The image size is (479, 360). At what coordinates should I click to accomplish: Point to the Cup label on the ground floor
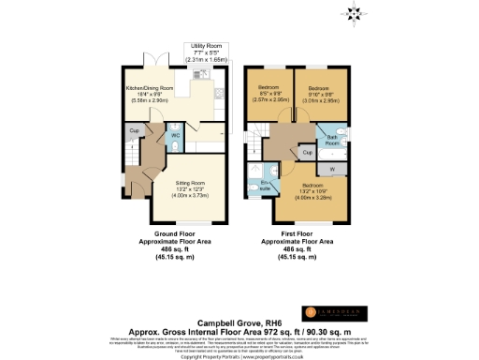pyautogui.click(x=135, y=131)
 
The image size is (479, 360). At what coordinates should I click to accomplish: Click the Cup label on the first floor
pyautogui.click(x=307, y=150)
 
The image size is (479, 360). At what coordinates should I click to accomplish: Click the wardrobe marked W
pyautogui.click(x=333, y=169)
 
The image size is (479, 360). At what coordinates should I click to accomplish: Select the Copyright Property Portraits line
pyautogui.click(x=239, y=356)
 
